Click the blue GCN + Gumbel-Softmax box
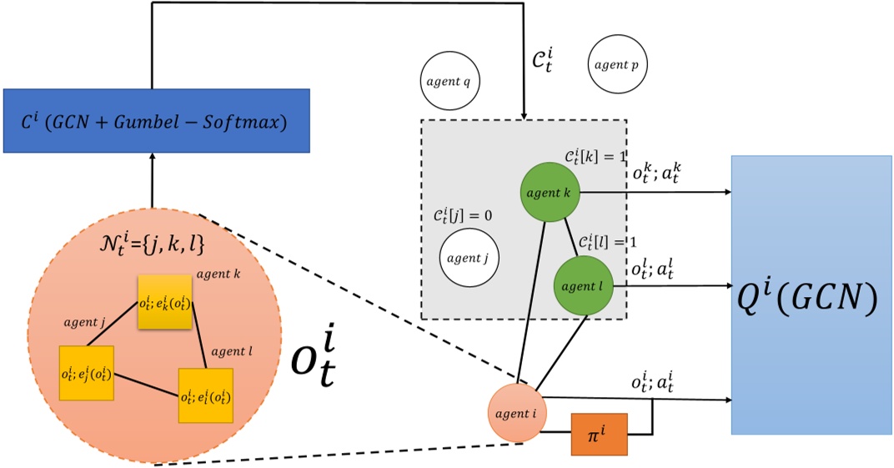156,121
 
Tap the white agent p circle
618,64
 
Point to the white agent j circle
469,258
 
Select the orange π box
598,434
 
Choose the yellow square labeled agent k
165,300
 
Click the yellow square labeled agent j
86,372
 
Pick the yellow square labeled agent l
205,395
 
